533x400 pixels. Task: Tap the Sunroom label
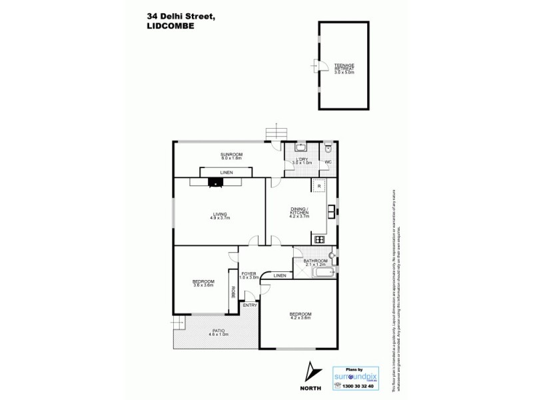point(232,157)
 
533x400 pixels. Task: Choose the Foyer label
point(249,274)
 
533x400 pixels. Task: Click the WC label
point(328,162)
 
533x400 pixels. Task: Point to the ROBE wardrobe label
point(233,291)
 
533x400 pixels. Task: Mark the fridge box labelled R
point(319,187)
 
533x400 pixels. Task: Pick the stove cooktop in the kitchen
point(319,239)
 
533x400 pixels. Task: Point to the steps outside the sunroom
point(274,133)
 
